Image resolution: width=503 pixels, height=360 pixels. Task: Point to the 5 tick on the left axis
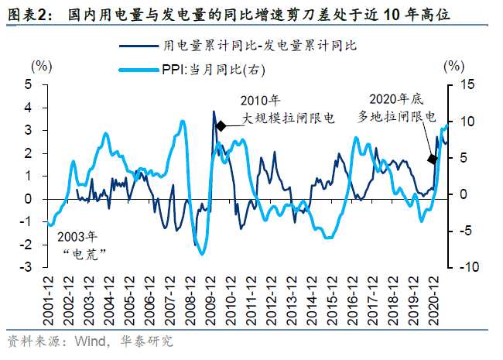[28, 85]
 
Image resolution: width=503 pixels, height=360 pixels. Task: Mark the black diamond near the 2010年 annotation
[221, 125]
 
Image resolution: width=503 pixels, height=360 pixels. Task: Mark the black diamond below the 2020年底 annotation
[433, 159]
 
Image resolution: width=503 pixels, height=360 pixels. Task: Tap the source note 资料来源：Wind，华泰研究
[89, 341]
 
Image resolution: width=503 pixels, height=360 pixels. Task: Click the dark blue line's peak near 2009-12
[214, 111]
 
